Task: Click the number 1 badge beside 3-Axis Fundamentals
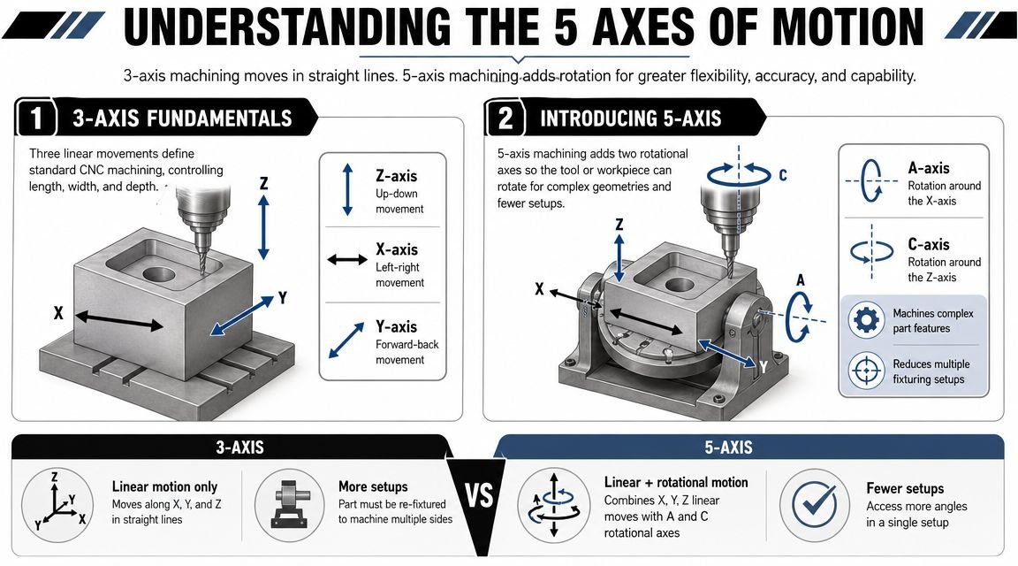coord(35,118)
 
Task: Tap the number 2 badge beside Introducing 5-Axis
coord(506,118)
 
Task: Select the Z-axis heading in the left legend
coord(395,177)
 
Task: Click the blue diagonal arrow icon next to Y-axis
coord(346,340)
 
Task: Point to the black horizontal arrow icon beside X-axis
coord(346,260)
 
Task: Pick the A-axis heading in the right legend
coord(929,167)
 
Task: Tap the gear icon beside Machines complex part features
coord(866,320)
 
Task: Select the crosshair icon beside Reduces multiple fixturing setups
coord(866,370)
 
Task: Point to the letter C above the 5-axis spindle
coord(782,175)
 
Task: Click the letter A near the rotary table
coord(801,280)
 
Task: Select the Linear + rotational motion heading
coord(676,482)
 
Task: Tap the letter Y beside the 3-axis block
coord(283,298)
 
